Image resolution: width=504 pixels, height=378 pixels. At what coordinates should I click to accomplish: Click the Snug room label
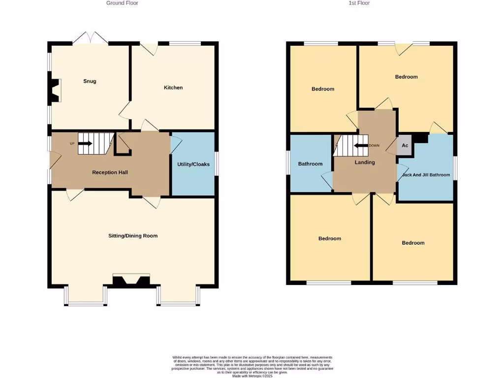(90, 81)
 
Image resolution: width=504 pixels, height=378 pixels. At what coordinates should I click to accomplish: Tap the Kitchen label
(173, 88)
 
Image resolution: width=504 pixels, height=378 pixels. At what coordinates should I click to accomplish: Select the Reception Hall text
(110, 172)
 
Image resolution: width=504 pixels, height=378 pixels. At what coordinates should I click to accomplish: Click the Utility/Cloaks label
(193, 164)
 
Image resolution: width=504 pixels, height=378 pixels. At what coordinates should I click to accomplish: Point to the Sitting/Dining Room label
(133, 236)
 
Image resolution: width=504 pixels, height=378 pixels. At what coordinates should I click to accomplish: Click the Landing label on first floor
(365, 162)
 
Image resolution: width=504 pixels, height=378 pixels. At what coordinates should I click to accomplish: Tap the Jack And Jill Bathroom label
(426, 175)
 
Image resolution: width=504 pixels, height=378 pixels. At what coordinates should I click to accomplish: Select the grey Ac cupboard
(405, 146)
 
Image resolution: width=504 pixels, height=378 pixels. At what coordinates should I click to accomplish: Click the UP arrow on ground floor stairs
(85, 143)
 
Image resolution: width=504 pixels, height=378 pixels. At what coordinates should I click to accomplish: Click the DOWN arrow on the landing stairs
(362, 145)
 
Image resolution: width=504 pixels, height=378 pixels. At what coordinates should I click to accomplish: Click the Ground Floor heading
(122, 3)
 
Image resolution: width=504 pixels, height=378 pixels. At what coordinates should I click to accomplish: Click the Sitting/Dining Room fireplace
(131, 281)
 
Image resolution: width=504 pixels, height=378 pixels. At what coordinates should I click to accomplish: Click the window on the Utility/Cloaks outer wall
(217, 164)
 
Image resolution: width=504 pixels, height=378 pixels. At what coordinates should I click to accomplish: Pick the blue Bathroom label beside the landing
(310, 164)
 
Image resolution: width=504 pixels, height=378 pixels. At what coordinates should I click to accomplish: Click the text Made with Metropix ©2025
(252, 376)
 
